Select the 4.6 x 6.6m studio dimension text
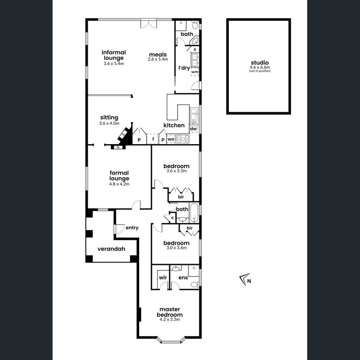click(260, 67)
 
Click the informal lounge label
click(114, 55)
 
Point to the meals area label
click(157, 55)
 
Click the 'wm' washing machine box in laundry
click(195, 72)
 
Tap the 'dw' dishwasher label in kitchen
click(193, 129)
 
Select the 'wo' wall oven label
click(170, 139)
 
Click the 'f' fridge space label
click(153, 139)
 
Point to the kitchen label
click(174, 125)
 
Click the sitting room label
click(109, 117)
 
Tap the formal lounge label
click(119, 175)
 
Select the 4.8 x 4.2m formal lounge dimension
click(119, 183)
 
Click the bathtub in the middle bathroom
click(195, 212)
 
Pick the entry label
click(132, 228)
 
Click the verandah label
click(111, 249)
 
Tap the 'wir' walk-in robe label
click(162, 277)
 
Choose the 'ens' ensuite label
click(183, 277)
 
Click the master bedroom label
click(170, 312)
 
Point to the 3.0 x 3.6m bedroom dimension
click(176, 247)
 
